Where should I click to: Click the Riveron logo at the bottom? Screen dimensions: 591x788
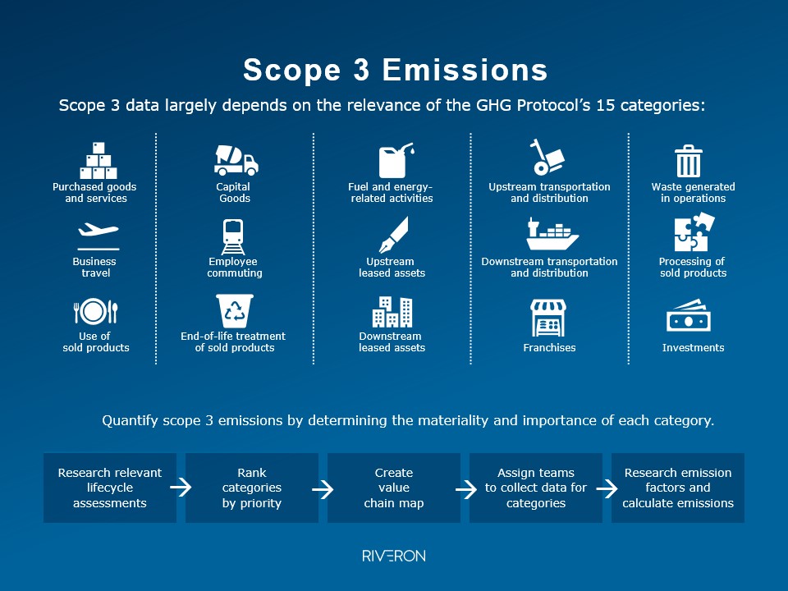point(394,557)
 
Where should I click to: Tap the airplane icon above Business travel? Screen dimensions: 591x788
point(98,234)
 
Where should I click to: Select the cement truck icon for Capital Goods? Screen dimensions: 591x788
point(236,160)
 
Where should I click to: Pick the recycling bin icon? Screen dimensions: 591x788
point(235,311)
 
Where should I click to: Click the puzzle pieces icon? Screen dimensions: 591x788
point(694,233)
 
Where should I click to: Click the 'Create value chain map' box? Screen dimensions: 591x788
point(394,488)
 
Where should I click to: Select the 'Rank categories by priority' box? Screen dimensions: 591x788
point(252,488)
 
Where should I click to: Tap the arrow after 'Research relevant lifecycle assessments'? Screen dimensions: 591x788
point(181,488)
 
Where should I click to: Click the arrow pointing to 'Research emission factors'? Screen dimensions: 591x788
point(607,488)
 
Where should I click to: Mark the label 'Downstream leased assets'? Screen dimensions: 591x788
point(392,341)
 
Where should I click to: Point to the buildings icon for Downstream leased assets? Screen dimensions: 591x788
point(392,312)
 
